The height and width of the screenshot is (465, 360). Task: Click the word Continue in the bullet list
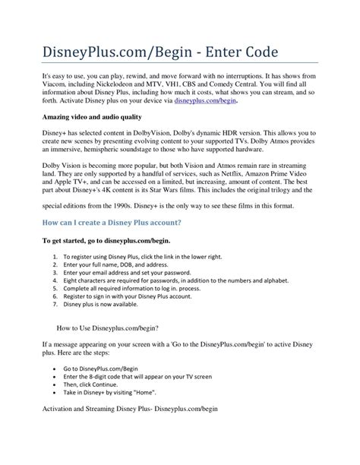click(118, 427)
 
